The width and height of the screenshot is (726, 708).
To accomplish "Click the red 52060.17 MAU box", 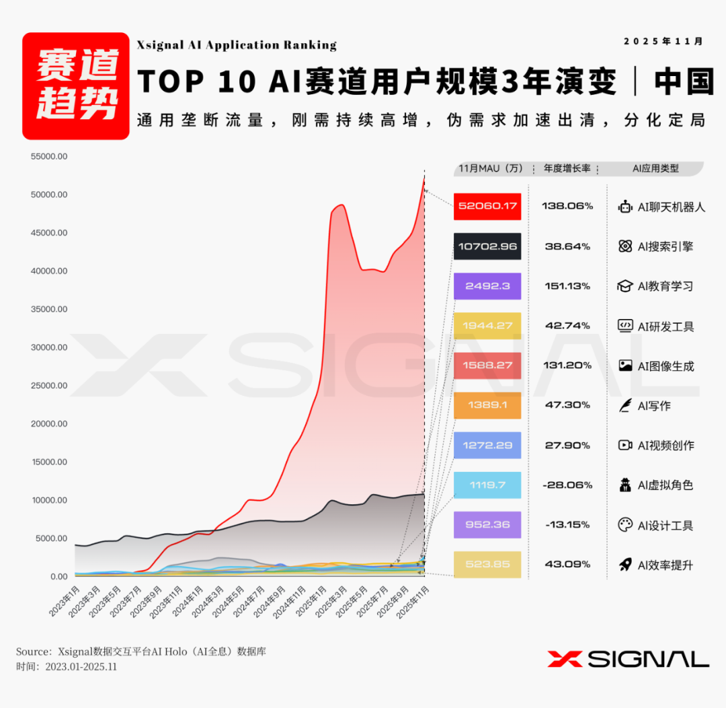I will pos(487,206).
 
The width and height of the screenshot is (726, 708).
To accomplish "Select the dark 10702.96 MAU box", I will pos(487,246).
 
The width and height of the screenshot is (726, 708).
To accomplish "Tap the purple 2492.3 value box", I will pos(487,286).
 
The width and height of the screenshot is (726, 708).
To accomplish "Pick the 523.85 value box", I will pos(487,565).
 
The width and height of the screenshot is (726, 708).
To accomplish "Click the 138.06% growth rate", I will pos(567,206).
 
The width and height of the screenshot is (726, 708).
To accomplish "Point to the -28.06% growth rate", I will pos(567,485).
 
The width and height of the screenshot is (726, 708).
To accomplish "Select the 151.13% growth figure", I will pos(567,286).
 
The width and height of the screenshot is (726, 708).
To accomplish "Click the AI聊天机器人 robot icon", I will pos(625,207).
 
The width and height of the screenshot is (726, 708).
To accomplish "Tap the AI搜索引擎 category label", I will pos(665,247).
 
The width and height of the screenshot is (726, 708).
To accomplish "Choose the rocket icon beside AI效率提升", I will pos(625,565).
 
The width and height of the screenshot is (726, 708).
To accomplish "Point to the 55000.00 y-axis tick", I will pos(49,157).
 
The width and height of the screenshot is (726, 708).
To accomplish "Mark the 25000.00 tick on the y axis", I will pos(49,386).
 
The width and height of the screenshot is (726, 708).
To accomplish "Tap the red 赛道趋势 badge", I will pos(75,85).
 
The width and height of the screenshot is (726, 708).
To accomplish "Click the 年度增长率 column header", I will pos(567,168).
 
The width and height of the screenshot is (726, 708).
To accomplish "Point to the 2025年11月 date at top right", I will pos(663,41).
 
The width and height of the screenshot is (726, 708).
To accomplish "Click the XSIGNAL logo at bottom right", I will pos(628,659).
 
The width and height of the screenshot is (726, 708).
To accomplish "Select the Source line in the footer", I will pos(141,651).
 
